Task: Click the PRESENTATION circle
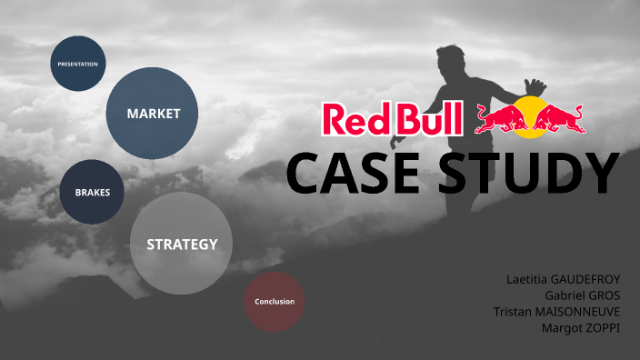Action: click(x=77, y=64)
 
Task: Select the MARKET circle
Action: click(x=153, y=114)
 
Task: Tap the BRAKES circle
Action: click(x=92, y=193)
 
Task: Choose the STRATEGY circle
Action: click(x=182, y=244)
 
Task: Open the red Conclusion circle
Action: click(x=275, y=301)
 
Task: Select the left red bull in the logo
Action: click(x=501, y=118)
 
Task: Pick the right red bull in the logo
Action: click(x=559, y=118)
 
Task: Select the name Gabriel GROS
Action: click(x=582, y=295)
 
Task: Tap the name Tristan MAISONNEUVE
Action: click(x=556, y=312)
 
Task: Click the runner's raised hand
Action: click(x=535, y=86)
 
